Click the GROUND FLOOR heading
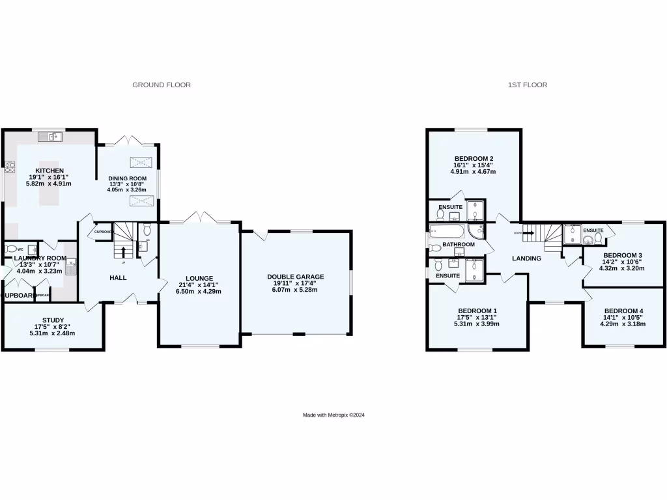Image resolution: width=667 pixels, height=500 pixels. pyautogui.click(x=162, y=85)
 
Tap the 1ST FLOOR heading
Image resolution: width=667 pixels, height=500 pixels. pyautogui.click(x=527, y=85)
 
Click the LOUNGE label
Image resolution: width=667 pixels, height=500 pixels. pyautogui.click(x=199, y=278)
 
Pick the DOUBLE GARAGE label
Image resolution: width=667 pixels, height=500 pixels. pyautogui.click(x=295, y=277)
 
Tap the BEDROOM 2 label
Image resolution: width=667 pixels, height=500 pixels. pyautogui.click(x=474, y=158)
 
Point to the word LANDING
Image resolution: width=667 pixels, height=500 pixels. pyautogui.click(x=526, y=258)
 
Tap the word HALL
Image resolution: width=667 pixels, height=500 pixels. pyautogui.click(x=118, y=278)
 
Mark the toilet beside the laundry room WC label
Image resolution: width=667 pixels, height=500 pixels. pyautogui.click(x=10, y=249)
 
